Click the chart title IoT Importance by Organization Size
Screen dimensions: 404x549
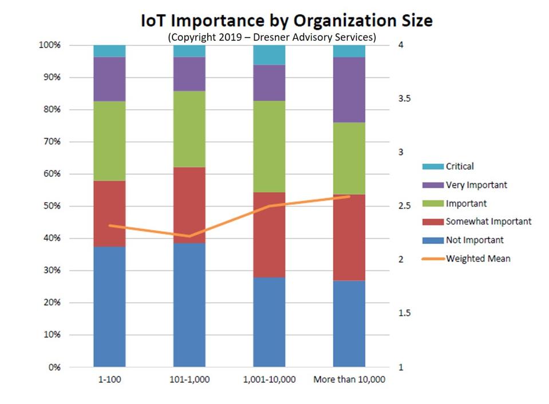[286, 21]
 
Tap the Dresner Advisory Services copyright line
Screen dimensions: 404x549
[272, 37]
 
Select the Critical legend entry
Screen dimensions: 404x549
[460, 167]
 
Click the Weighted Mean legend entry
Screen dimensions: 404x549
[478, 259]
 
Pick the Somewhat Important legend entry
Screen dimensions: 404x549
[488, 221]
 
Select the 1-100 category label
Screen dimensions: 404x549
[109, 380]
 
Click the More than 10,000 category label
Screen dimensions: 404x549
[349, 380]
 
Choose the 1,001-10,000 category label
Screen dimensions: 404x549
[269, 380]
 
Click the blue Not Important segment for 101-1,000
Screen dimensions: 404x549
[189, 303]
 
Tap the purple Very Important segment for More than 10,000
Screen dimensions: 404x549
[349, 90]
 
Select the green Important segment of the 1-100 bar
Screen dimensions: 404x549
[109, 141]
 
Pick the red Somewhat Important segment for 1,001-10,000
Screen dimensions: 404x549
[269, 235]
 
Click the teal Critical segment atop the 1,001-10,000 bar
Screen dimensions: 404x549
[269, 54]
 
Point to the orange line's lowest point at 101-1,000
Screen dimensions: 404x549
[189, 236]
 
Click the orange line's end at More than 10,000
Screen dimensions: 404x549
[349, 197]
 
